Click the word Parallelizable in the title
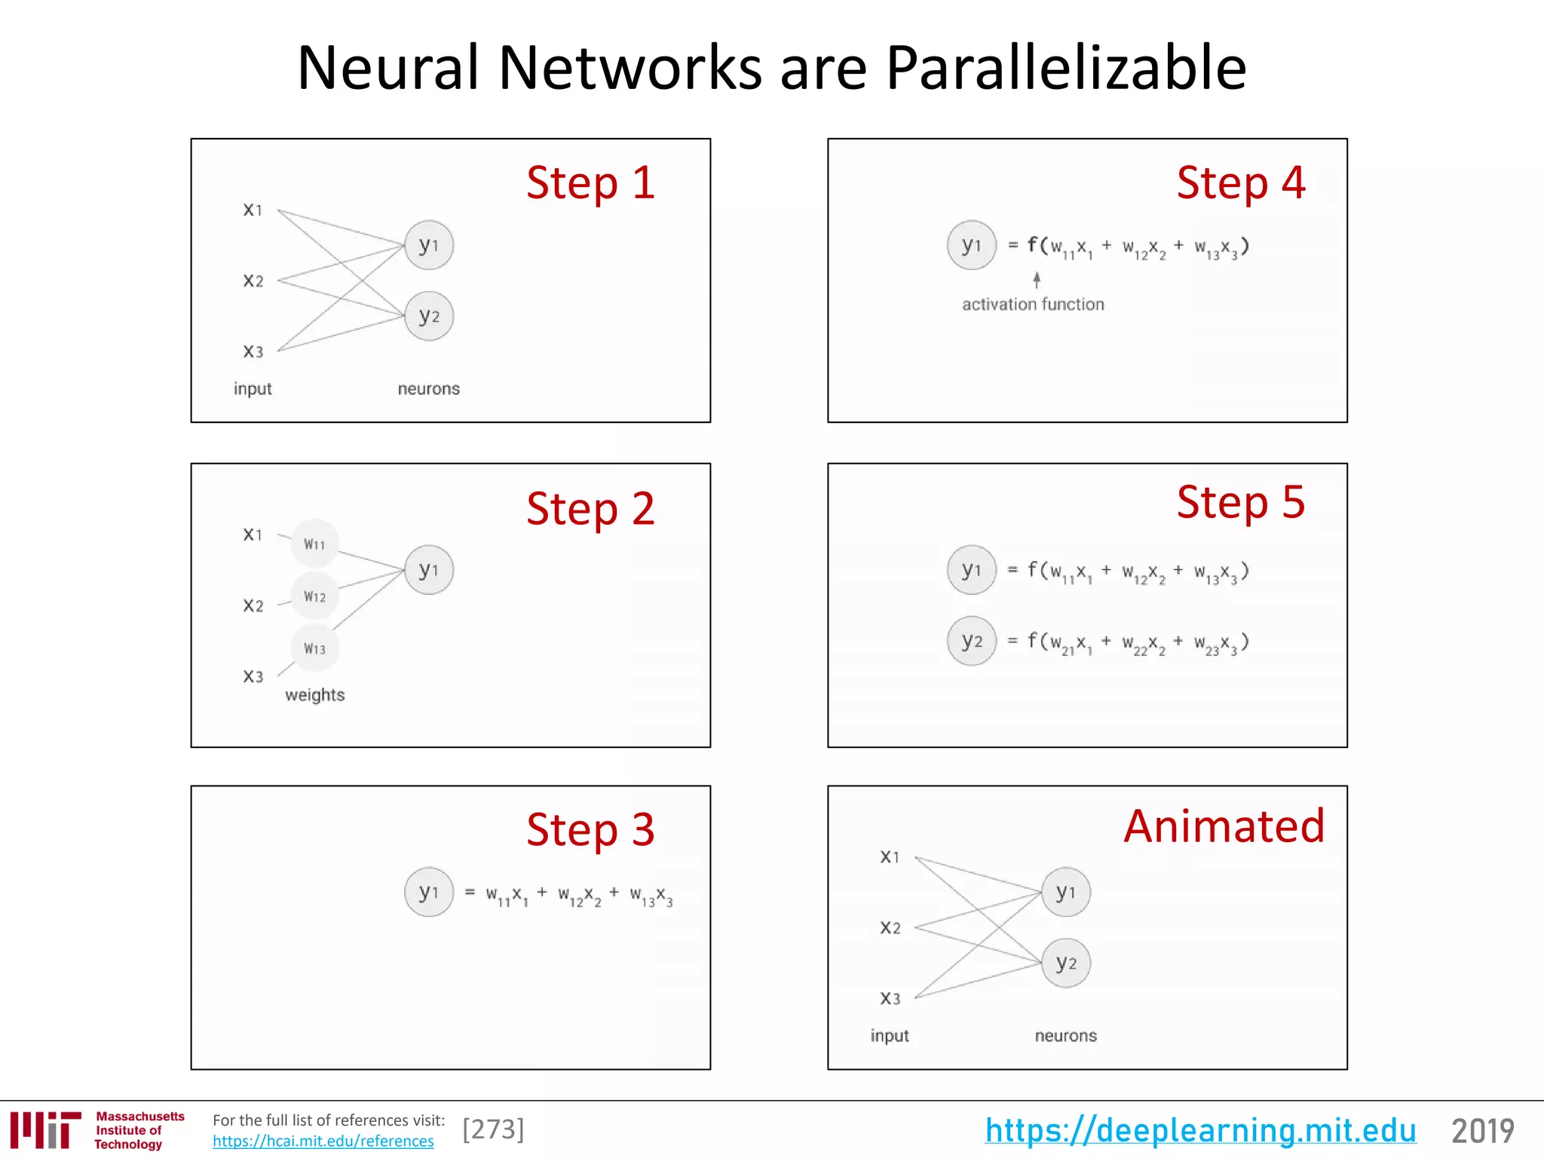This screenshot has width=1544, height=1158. (1066, 68)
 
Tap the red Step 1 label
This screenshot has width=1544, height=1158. (590, 183)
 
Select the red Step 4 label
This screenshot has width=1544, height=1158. (1241, 183)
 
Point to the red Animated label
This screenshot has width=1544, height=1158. (1224, 826)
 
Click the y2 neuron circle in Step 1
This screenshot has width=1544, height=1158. (429, 317)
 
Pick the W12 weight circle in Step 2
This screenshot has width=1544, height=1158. (315, 596)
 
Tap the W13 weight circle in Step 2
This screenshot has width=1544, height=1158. (315, 648)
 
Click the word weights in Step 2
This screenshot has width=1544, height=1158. (314, 695)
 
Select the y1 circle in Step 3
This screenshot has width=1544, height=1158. (429, 893)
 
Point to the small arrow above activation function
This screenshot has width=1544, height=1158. (1037, 280)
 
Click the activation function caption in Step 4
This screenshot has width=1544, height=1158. (1033, 305)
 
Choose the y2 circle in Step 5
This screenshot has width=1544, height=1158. (972, 642)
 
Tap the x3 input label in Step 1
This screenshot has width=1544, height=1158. (253, 351)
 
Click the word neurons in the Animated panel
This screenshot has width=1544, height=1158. (1065, 1036)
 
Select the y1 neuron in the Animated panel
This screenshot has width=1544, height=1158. (1065, 893)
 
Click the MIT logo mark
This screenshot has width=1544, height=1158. (45, 1129)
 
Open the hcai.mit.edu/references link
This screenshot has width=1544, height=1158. (323, 1141)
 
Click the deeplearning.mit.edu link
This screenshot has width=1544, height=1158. (1200, 1131)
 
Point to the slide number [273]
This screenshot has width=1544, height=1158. (493, 1129)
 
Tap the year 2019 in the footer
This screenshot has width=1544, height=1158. (1482, 1131)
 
